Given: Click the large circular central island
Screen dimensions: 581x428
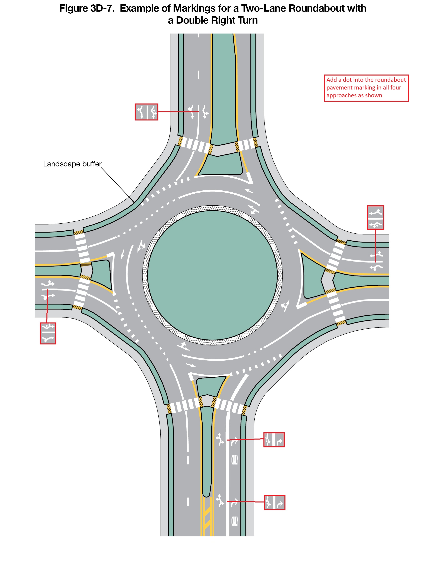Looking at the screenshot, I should (212, 275).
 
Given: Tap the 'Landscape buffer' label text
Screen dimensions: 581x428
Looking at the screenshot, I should (72, 164).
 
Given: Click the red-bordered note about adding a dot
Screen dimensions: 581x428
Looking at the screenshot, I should (366, 88).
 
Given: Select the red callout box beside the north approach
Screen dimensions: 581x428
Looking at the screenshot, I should (146, 112).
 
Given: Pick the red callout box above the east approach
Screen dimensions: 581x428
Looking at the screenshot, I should (375, 217).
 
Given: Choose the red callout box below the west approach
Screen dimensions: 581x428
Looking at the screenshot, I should (48, 333).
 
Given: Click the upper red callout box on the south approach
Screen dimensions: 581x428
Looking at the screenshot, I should (274, 440).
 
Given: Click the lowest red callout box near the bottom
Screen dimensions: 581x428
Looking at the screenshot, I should (274, 503).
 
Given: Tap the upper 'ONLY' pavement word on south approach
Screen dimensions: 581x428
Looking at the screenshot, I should (234, 460).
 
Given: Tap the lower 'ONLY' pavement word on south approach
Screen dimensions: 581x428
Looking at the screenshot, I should (234, 521).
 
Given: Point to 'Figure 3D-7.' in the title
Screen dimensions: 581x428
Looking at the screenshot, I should (87, 9).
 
